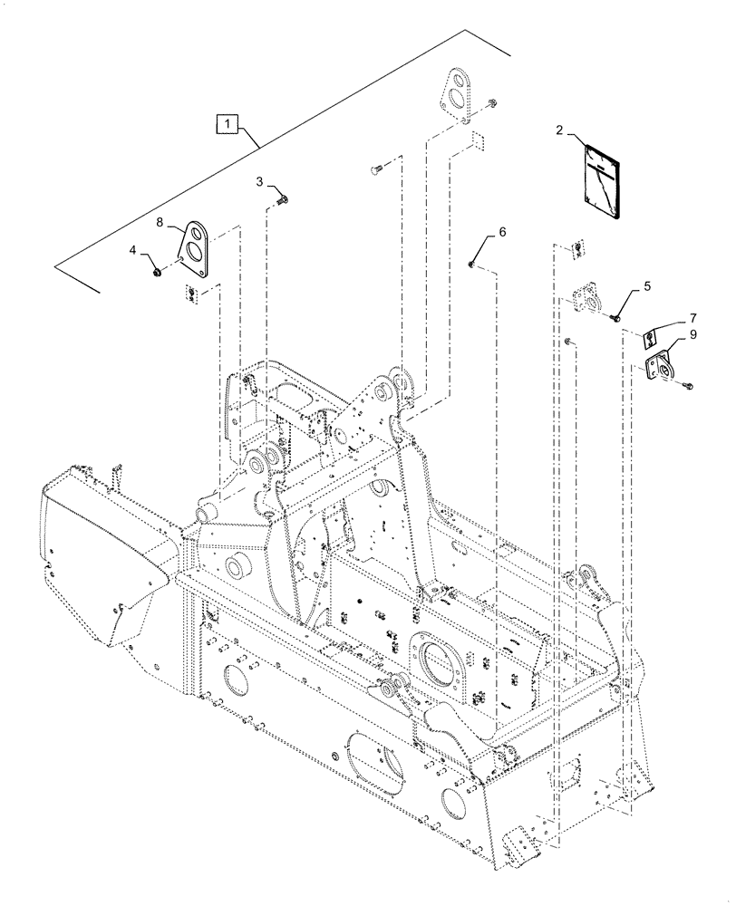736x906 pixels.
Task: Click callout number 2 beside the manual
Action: tap(561, 131)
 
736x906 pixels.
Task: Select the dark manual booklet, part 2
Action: tap(593, 180)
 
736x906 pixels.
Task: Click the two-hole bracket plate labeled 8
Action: tap(195, 249)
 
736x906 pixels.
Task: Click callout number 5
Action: tap(645, 285)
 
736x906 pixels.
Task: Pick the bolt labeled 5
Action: tap(615, 316)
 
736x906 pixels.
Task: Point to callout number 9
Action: tap(692, 334)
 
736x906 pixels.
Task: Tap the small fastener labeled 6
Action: tap(472, 265)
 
